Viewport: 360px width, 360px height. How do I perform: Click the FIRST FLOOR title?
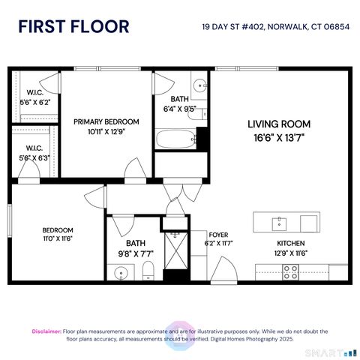point(73,27)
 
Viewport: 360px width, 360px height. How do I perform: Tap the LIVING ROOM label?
point(279,124)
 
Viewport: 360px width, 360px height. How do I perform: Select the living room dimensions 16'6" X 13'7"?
point(279,138)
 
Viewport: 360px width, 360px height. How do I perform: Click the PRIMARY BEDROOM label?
point(106,121)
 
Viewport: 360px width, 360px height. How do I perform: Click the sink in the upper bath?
point(199,84)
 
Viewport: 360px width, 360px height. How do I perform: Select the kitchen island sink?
point(279,223)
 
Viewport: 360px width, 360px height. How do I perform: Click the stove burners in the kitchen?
point(290,274)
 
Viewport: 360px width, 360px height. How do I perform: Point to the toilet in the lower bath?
point(148,271)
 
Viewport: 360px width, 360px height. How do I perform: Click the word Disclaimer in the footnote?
point(46,331)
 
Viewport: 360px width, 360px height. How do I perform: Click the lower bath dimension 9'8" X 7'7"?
point(136,253)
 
